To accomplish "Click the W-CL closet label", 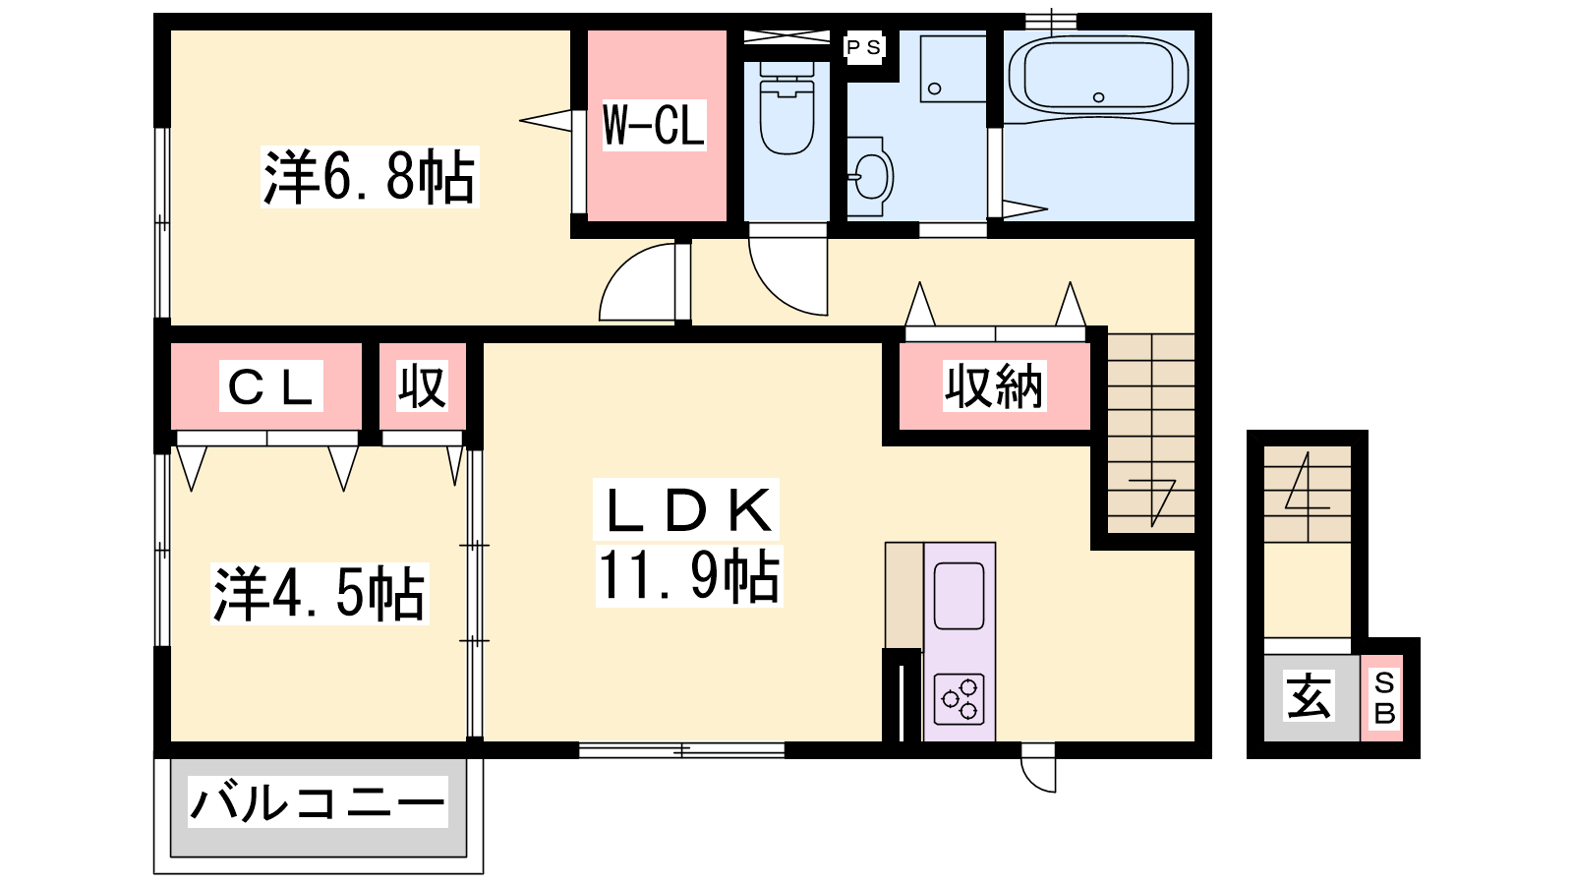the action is click(x=654, y=125).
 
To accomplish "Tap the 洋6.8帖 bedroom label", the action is click(x=370, y=177).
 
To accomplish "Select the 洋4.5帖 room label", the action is click(x=320, y=594).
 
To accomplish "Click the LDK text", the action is click(x=687, y=510).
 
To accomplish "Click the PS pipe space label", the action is click(x=863, y=47).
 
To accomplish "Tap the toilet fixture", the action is click(x=786, y=107).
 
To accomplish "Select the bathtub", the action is click(x=1098, y=76).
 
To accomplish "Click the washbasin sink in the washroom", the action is click(x=871, y=176).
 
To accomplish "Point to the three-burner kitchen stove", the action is click(x=960, y=699).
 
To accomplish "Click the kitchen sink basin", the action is click(x=959, y=596).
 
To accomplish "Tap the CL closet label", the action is click(x=271, y=385).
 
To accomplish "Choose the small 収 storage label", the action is click(x=422, y=385).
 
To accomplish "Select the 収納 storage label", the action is click(x=994, y=385).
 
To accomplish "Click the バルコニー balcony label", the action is click(x=318, y=801).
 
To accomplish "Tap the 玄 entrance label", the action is click(x=1309, y=696).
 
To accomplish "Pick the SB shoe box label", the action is click(x=1384, y=697).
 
